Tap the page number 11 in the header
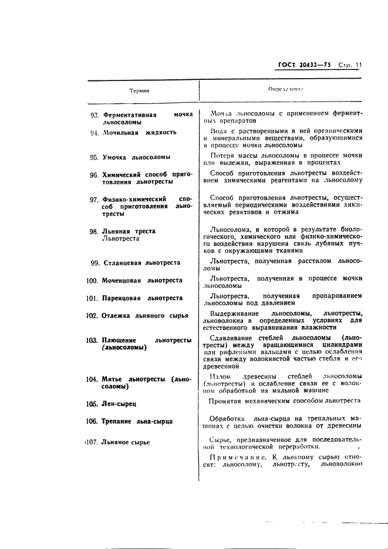coord(358,65)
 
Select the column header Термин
coord(140,91)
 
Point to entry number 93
coord(95,115)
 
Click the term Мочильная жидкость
coord(139,133)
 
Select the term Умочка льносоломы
coord(136,157)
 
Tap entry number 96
coord(94,175)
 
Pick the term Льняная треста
coord(129,231)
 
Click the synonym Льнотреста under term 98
coord(121,239)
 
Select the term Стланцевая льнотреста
coord(141,263)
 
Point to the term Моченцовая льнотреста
coord(141,281)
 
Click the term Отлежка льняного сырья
coord(145,315)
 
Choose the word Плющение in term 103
coord(119,341)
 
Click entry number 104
coord(92,379)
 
